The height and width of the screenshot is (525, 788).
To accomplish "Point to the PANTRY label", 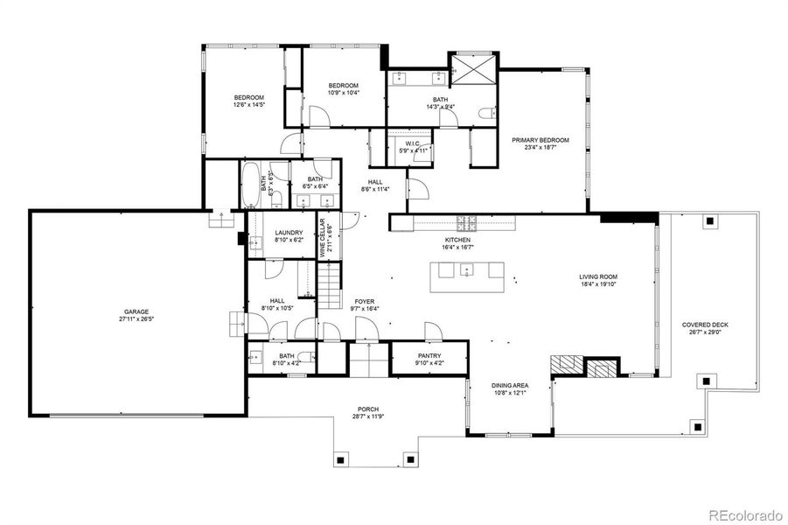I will (x=429, y=356).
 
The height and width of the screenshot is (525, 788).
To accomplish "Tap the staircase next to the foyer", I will (x=328, y=288).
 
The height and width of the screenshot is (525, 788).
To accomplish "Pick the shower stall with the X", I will (x=472, y=68).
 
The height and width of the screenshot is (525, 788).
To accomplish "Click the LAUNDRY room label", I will (x=289, y=233).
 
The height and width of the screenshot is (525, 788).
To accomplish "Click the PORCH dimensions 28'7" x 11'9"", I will (x=367, y=417).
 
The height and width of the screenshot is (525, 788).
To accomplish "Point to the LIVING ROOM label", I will (x=604, y=278).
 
